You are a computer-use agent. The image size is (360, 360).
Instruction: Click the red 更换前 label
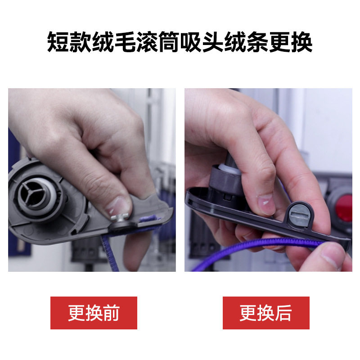pyautogui.click(x=94, y=313)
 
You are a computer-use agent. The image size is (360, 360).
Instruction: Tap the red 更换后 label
pyautogui.click(x=266, y=313)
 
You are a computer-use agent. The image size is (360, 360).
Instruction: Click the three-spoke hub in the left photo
pyautogui.click(x=36, y=194)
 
